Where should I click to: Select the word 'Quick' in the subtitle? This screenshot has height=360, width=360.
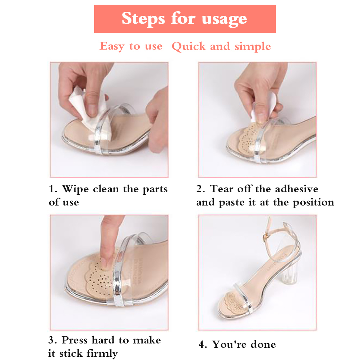click(189, 47)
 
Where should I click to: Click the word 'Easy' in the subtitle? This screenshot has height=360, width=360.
click(112, 46)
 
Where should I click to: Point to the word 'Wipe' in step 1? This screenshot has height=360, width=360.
click(75, 190)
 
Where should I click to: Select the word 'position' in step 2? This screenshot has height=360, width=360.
click(313, 203)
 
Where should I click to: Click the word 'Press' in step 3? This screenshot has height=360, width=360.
click(75, 340)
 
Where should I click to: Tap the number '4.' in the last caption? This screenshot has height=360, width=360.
click(203, 345)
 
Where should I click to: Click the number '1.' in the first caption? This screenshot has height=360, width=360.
click(53, 189)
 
